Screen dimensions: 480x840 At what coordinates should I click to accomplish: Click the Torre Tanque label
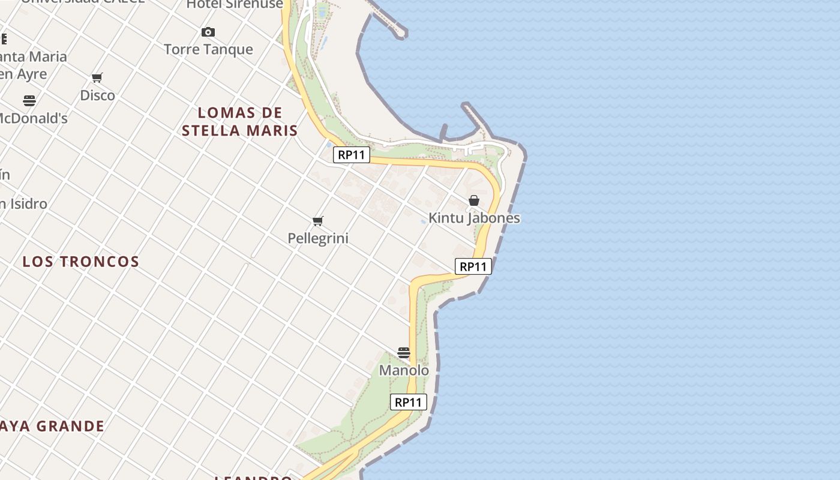click(x=208, y=49)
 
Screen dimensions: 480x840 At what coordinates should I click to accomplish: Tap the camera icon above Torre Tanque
click(x=208, y=32)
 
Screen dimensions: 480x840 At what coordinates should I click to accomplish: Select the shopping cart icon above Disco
click(x=97, y=78)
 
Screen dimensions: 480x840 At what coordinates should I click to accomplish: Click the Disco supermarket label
click(x=97, y=95)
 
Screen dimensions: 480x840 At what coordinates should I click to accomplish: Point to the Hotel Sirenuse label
click(x=235, y=5)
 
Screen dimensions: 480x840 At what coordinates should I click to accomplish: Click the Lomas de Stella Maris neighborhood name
click(x=240, y=121)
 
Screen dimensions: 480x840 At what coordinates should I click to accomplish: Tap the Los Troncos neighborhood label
click(x=81, y=262)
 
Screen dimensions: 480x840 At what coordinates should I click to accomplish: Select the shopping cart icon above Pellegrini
click(x=318, y=221)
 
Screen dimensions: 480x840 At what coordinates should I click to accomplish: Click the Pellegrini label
click(x=318, y=238)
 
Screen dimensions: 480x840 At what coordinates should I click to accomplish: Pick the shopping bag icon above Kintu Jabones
click(x=474, y=200)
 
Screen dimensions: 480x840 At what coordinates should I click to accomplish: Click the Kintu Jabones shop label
click(x=474, y=218)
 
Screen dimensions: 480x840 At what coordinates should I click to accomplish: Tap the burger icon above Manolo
click(x=404, y=353)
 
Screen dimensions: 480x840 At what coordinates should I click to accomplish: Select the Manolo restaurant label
click(x=404, y=370)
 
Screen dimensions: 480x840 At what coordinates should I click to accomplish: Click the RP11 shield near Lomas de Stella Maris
click(x=352, y=155)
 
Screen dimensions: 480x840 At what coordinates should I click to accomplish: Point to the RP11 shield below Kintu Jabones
click(x=473, y=266)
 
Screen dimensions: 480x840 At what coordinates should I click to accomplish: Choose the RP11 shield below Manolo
click(x=409, y=402)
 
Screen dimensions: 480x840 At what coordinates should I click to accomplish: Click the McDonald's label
click(x=34, y=118)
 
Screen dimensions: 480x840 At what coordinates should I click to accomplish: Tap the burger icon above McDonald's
click(x=29, y=101)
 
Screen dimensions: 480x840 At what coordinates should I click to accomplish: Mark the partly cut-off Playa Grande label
click(x=53, y=427)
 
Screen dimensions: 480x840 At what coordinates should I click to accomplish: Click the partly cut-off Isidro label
click(x=24, y=204)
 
